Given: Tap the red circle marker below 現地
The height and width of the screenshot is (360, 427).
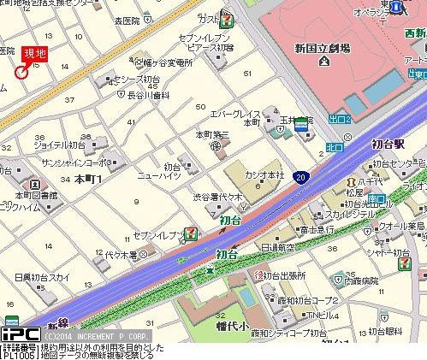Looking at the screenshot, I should point(21,71).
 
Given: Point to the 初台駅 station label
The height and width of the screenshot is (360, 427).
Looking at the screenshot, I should point(388,144).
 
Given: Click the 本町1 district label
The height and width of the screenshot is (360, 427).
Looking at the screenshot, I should point(87,179).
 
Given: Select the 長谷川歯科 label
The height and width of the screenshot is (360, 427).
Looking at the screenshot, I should point(153,95).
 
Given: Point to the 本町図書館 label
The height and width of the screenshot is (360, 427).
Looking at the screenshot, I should point(30,195).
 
